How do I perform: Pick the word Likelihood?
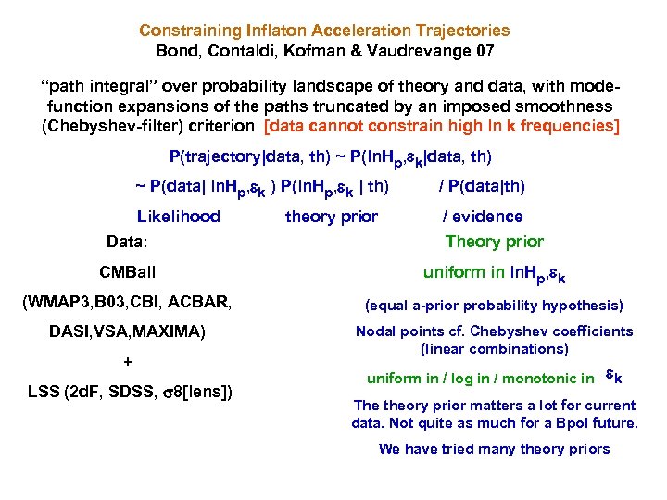tap(178, 217)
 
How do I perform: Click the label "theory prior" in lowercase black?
tap(332, 217)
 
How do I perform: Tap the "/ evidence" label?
tap(483, 217)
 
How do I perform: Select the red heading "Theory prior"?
tap(495, 242)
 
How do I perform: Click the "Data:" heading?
tap(128, 243)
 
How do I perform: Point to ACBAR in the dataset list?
tap(201, 301)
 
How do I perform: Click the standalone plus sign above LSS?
tap(128, 361)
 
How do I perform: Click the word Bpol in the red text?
tap(573, 423)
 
